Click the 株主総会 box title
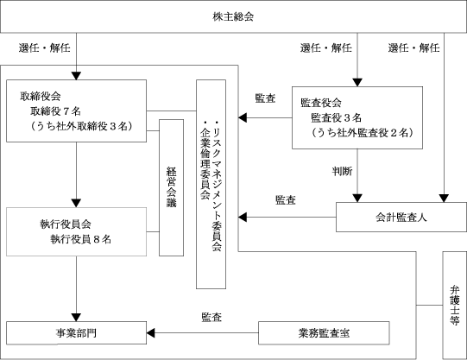coord(233,16)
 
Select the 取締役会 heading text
coord(41,96)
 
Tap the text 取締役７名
coord(56,111)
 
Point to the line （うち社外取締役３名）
coord(81,126)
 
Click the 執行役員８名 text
coord(81,239)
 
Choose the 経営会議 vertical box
coord(171,187)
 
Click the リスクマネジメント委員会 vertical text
coord(217,186)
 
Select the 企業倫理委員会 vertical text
coord(205,160)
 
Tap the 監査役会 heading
coord(321,103)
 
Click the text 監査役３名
coord(337,118)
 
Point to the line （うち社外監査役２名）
coord(363,133)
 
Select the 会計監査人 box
coord(401,217)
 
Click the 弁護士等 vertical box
coord(455,306)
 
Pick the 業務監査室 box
coord(324,333)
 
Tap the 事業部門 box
coord(76,333)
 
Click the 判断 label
coord(343,171)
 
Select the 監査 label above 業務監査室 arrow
coord(211,317)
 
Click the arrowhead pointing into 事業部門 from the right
coord(150,333)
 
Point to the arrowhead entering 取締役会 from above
coord(77,76)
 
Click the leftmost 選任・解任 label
coord(45,47)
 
